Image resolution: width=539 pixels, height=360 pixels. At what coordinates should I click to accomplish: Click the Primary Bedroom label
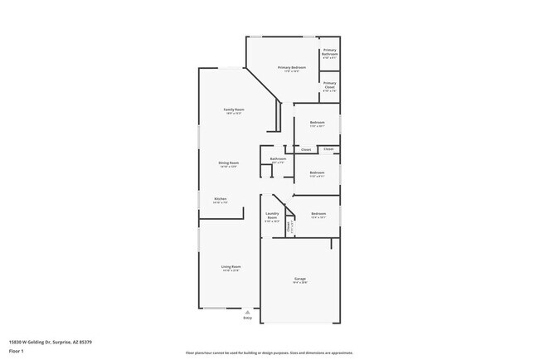coord(292,67)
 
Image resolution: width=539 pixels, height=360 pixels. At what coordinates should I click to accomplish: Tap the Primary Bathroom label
coord(329,52)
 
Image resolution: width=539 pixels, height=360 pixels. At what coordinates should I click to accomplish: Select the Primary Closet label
coord(329,85)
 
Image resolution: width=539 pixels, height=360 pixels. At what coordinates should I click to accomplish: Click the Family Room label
coord(233,109)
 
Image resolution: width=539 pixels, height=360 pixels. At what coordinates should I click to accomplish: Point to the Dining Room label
coord(228,163)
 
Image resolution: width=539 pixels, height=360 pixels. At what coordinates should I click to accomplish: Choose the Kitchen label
coord(221,198)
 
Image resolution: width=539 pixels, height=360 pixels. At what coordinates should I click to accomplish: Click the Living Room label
coord(231,266)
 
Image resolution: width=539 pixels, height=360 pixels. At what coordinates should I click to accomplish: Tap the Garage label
coord(299,278)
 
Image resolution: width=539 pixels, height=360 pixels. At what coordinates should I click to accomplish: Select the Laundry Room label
coord(273,216)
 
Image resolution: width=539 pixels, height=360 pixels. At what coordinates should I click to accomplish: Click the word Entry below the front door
coord(247,318)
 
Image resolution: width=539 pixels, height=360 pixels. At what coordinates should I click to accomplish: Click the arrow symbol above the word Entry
coord(247,311)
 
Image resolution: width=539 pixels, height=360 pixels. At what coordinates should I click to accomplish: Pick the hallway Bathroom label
coord(278,158)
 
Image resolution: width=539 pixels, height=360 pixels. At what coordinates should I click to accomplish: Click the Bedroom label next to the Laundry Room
coord(318,213)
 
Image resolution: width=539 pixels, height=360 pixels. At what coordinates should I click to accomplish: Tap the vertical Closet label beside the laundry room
coord(288,225)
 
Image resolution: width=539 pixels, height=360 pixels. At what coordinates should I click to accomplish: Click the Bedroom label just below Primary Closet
coord(317,123)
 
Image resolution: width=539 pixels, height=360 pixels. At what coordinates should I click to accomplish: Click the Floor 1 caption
coord(17,351)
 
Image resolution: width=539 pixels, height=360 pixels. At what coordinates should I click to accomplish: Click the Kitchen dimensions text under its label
coord(221,202)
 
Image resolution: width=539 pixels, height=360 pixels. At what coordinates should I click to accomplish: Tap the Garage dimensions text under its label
coord(299,283)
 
